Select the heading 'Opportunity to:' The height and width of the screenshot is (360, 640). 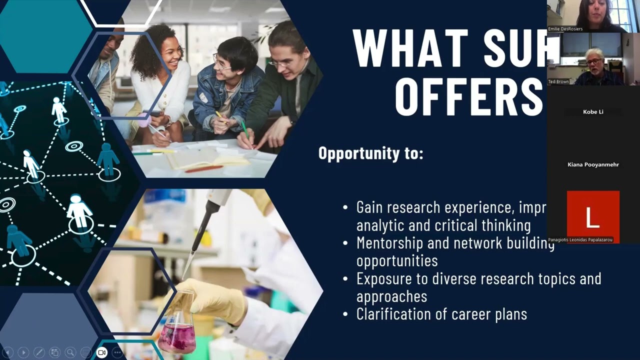(x=370, y=153)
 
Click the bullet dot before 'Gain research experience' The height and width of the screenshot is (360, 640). (x=345, y=207)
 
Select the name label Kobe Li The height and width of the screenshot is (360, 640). (x=593, y=112)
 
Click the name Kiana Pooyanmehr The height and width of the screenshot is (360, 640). (x=593, y=164)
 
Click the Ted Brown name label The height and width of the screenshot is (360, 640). (x=558, y=81)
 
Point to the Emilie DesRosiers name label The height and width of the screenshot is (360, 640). (x=565, y=29)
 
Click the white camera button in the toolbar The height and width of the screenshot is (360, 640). (x=101, y=352)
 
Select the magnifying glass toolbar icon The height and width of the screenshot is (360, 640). (x=70, y=352)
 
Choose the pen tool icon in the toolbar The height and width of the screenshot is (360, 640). (x=38, y=352)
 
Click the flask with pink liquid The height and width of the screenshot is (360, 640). (x=176, y=327)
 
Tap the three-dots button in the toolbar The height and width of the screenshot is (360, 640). (x=117, y=352)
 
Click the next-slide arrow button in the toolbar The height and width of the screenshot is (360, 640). (x=23, y=352)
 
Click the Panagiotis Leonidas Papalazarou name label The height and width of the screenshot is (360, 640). (x=580, y=240)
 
